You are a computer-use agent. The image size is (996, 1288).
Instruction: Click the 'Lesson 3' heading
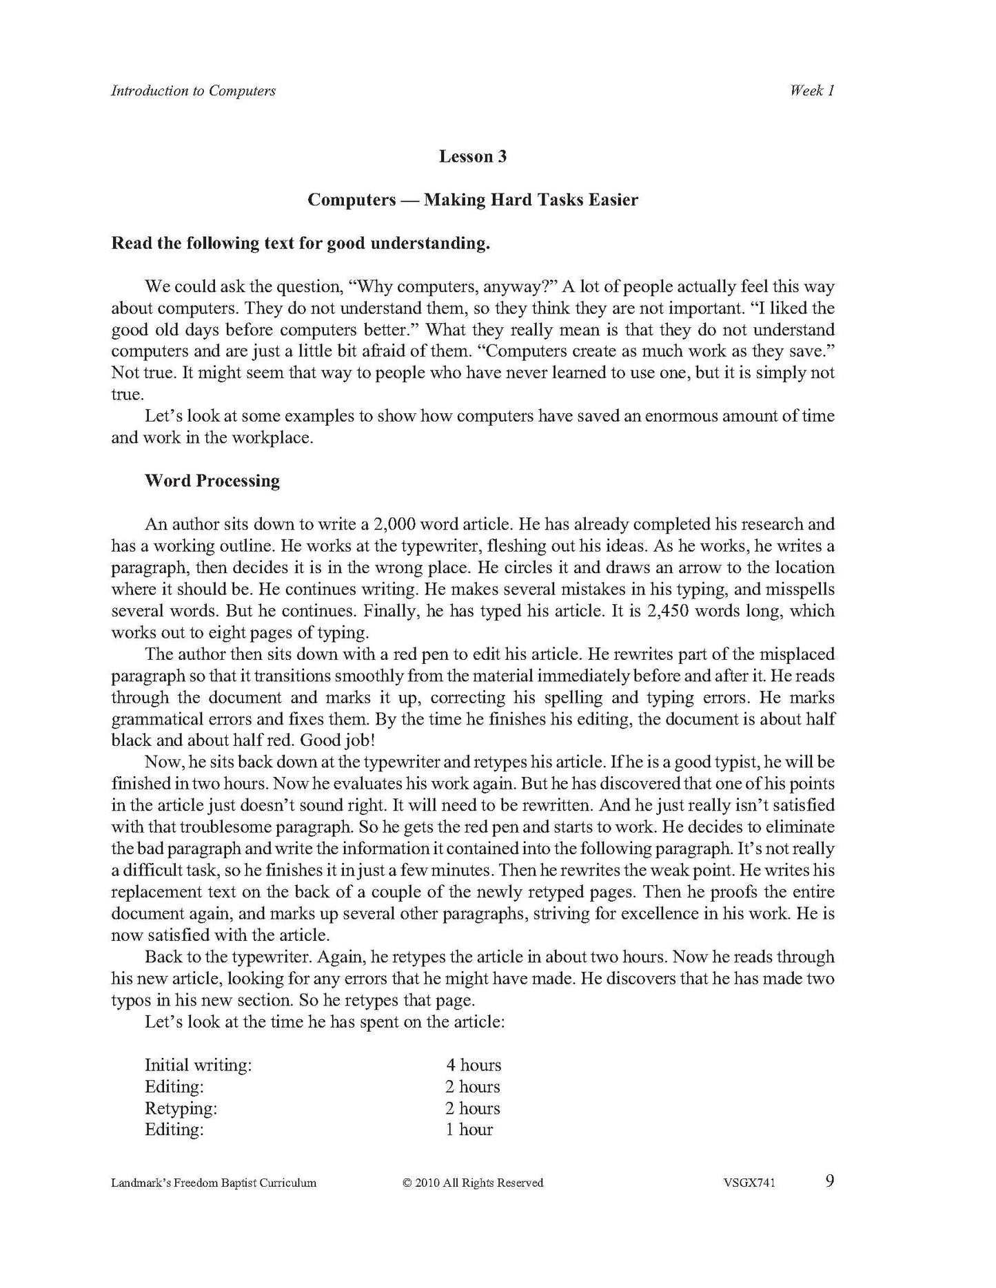(x=473, y=157)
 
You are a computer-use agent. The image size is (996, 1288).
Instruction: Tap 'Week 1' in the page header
(x=813, y=91)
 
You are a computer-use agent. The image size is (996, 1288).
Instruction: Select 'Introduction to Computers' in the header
(x=193, y=91)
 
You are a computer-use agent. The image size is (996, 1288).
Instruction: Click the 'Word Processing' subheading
(x=212, y=481)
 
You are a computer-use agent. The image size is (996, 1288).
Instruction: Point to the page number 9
(x=829, y=1181)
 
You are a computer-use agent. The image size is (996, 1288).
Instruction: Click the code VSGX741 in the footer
(x=749, y=1183)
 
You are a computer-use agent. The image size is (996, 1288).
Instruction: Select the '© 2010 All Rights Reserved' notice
(x=473, y=1183)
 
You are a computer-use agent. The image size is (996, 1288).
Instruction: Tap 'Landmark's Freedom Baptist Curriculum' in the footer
(x=214, y=1183)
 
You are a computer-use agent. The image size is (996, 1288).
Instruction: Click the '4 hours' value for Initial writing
(x=474, y=1065)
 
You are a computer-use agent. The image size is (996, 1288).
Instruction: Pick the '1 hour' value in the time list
(x=469, y=1129)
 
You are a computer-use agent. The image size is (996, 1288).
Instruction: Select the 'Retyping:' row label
(x=181, y=1108)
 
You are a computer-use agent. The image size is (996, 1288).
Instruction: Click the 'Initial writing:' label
(x=198, y=1065)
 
